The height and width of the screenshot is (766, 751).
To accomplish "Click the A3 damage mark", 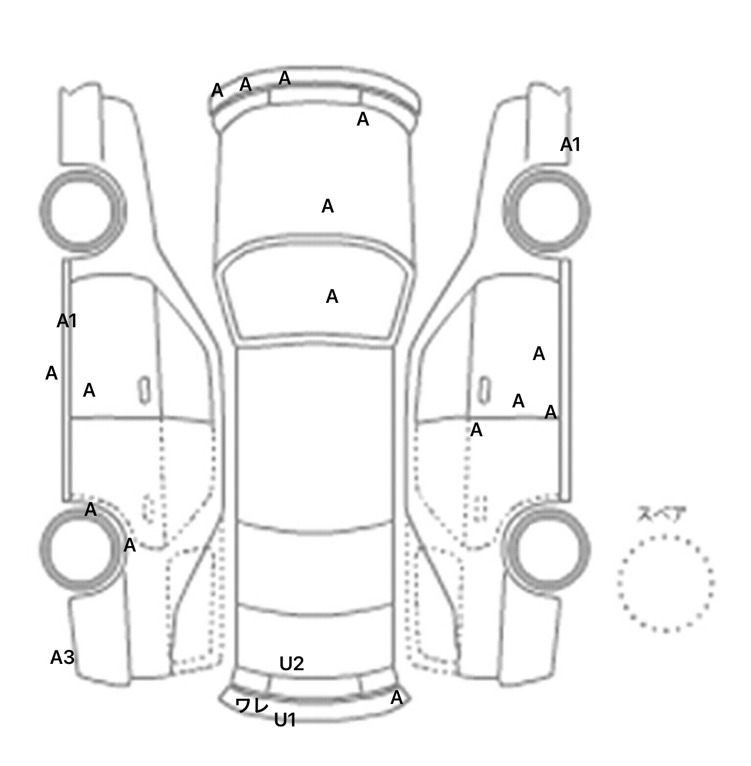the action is tap(62, 658).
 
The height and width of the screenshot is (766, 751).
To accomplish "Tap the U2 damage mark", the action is tap(291, 663).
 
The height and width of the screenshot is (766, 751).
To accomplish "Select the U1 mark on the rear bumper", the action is tap(285, 720).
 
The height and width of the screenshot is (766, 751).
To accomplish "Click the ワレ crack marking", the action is tap(252, 705).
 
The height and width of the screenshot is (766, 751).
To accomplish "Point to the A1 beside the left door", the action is tap(67, 321).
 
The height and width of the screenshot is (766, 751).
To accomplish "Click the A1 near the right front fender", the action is tap(570, 145).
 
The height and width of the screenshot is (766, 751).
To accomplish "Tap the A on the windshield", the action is tap(332, 297).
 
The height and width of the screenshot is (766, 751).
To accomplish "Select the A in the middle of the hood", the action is tap(328, 207).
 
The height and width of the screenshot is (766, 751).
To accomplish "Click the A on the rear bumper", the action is tap(397, 698).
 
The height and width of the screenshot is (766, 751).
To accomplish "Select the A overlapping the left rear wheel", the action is tap(90, 510).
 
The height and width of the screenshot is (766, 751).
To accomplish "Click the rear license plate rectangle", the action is tap(315, 687).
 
